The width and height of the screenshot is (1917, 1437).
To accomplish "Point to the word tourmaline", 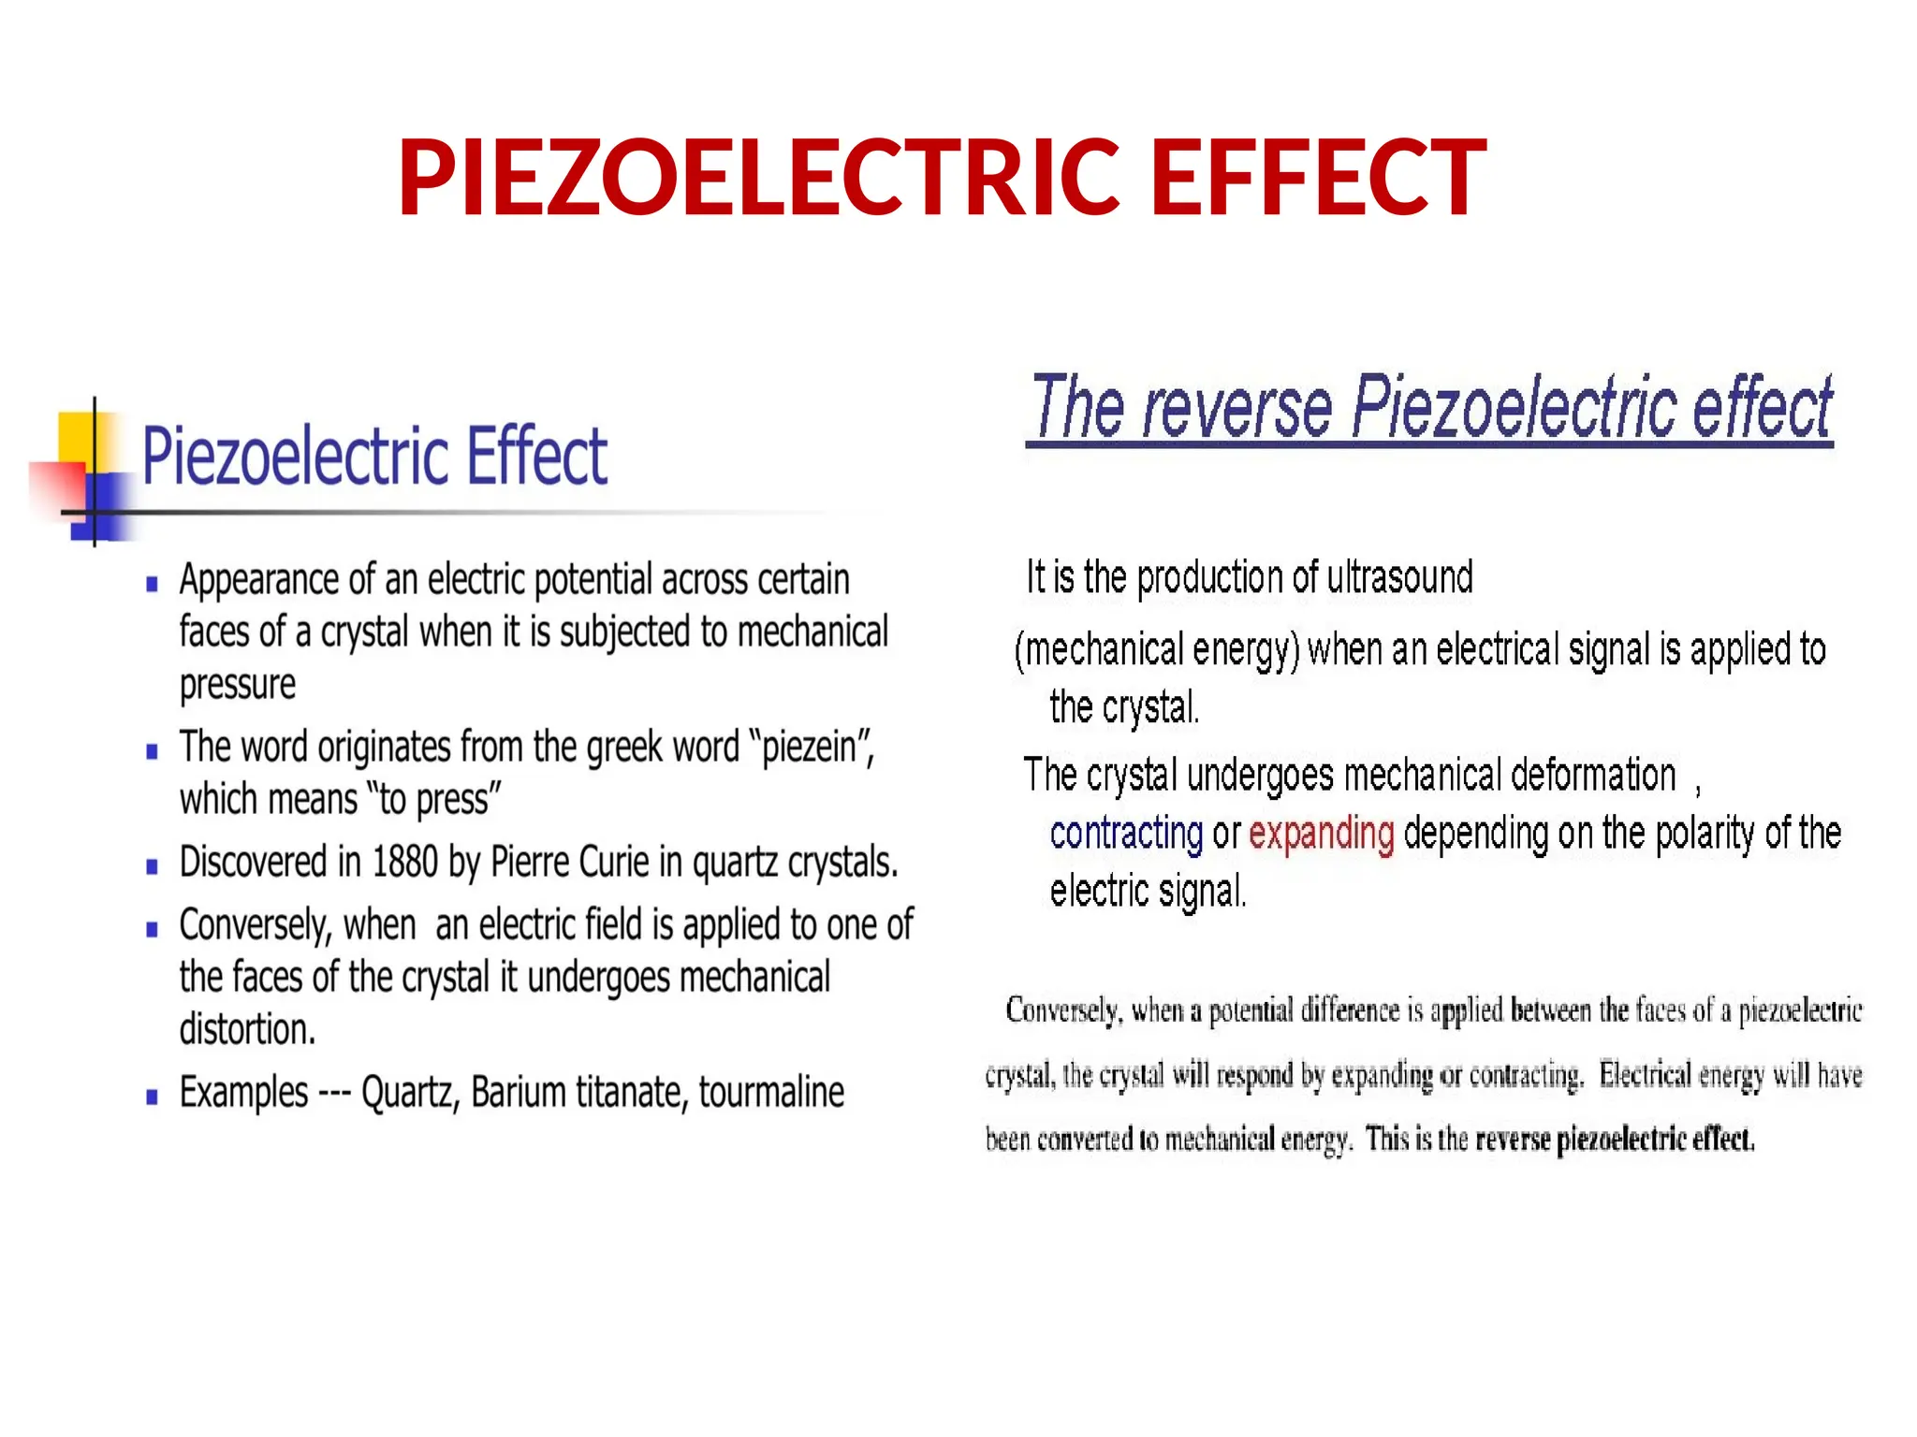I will pos(771,1093).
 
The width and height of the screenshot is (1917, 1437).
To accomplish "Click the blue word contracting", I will pos(1126,833).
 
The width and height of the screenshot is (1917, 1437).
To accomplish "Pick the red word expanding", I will pos(1321,833).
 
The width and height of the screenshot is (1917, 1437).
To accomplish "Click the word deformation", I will pos(1592,776).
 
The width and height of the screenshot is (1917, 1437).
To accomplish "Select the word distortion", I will pos(247,1030).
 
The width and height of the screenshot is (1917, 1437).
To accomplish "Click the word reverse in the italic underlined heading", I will pos(1237,408).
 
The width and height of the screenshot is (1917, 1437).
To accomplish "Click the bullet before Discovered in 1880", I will pos(153,867).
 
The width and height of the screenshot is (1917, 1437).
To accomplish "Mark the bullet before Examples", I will pos(153,1097).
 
